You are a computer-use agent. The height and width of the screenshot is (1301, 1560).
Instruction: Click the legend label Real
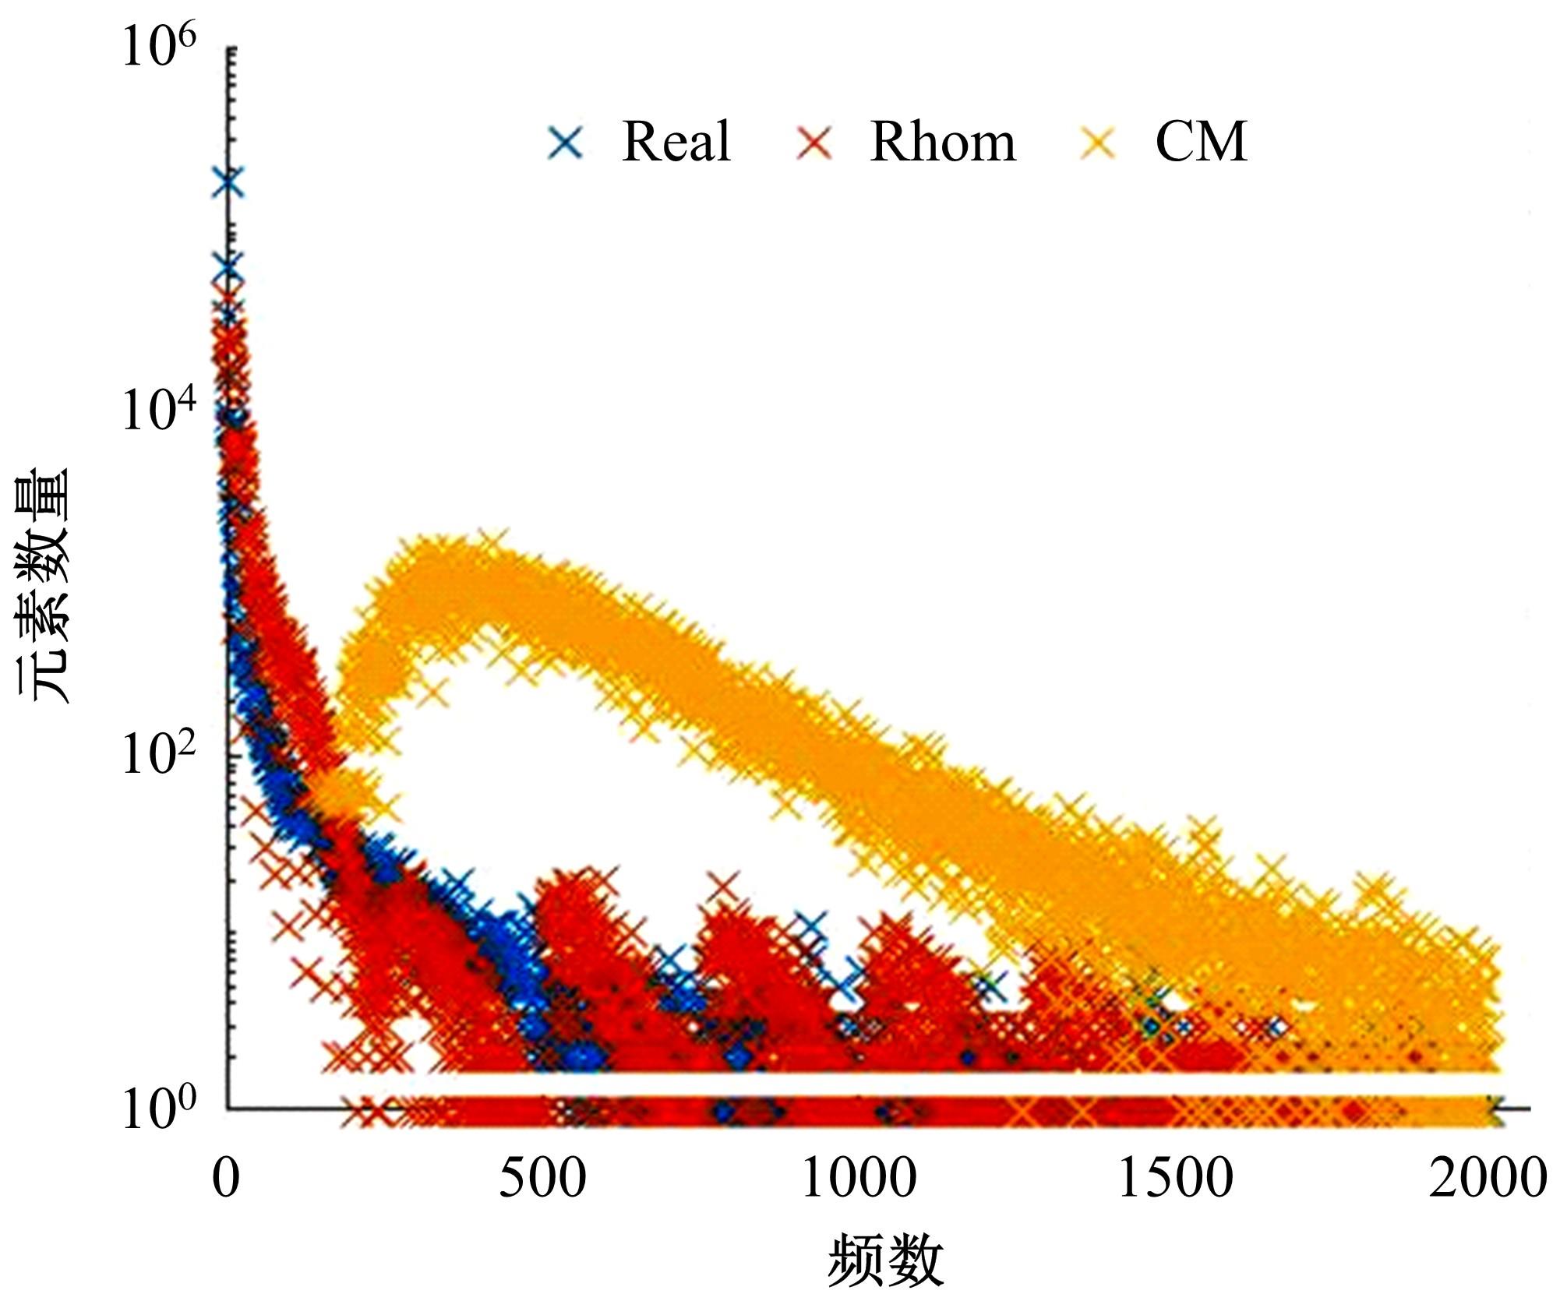tap(676, 142)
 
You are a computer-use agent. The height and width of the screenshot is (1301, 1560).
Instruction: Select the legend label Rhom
tap(942, 142)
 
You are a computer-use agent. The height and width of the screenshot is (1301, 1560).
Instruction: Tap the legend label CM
tap(1201, 142)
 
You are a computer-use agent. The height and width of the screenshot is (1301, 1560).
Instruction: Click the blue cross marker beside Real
tap(566, 143)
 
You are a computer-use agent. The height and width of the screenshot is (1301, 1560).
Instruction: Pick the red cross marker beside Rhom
tap(814, 143)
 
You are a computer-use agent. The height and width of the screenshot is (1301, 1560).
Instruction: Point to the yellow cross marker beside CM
tap(1098, 143)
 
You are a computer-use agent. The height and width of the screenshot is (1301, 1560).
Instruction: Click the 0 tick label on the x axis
tap(226, 1177)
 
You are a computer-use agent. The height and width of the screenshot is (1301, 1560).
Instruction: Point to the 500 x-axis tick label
tap(542, 1177)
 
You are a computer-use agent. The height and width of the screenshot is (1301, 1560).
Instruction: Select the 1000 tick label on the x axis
tap(859, 1177)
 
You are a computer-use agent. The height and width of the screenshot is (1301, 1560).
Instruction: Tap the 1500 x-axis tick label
tap(1175, 1177)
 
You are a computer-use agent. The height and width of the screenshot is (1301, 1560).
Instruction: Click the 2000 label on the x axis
tap(1487, 1177)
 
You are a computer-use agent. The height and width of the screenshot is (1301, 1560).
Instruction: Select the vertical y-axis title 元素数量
tap(44, 584)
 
